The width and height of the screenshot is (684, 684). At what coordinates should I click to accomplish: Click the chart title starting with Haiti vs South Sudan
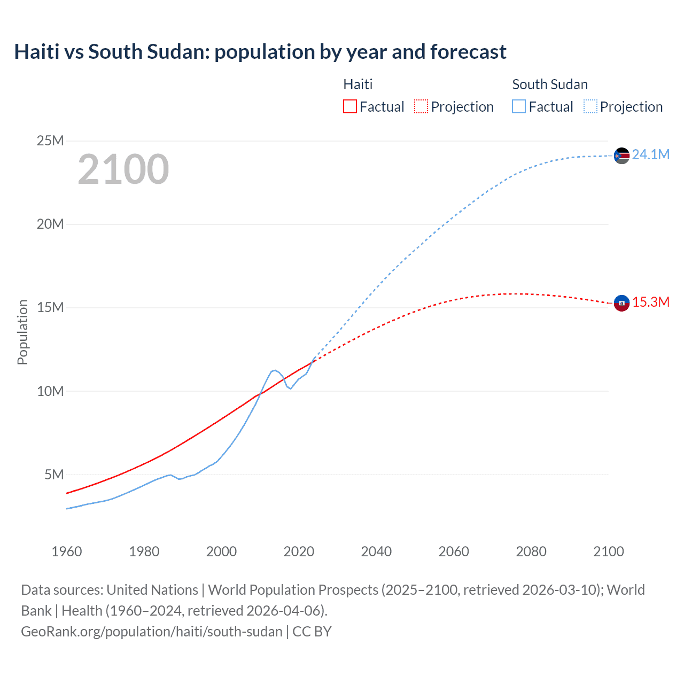pyautogui.click(x=260, y=52)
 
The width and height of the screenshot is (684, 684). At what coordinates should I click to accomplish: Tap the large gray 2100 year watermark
pyautogui.click(x=123, y=169)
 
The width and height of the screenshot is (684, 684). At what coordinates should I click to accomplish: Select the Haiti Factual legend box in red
pyautogui.click(x=349, y=106)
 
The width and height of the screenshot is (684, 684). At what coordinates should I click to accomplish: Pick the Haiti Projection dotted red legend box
pyautogui.click(x=421, y=106)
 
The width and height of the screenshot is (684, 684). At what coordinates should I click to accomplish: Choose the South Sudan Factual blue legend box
pyautogui.click(x=519, y=106)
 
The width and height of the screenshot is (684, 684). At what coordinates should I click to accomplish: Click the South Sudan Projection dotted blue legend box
pyautogui.click(x=590, y=106)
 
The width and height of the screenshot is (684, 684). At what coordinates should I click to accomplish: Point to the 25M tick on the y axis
pyautogui.click(x=50, y=141)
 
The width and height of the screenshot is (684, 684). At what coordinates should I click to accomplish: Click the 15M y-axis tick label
pyautogui.click(x=50, y=307)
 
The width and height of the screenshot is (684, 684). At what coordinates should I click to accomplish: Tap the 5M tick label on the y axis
pyautogui.click(x=54, y=475)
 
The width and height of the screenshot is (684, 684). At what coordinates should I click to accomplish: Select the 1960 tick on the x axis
pyautogui.click(x=67, y=551)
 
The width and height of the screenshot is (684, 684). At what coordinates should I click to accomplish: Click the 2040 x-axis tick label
pyautogui.click(x=376, y=551)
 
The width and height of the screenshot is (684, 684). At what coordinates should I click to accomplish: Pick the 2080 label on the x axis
pyautogui.click(x=531, y=551)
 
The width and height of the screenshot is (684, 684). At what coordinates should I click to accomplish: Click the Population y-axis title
pyautogui.click(x=22, y=332)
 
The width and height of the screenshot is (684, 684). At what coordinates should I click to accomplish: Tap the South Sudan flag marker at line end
pyautogui.click(x=621, y=156)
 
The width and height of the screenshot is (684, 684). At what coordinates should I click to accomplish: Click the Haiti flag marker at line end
pyautogui.click(x=621, y=303)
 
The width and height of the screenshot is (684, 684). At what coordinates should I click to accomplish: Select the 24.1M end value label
pyautogui.click(x=650, y=154)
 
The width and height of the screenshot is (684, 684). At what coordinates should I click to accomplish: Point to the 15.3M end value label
pyautogui.click(x=651, y=302)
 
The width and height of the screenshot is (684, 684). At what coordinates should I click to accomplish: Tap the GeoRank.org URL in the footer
pyautogui.click(x=151, y=631)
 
